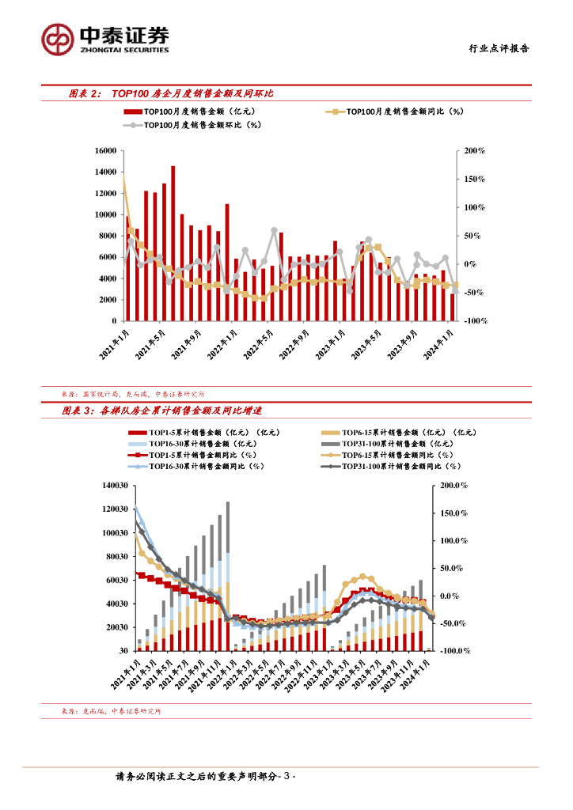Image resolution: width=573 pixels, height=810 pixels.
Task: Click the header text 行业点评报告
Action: point(495,48)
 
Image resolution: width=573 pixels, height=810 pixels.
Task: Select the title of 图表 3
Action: point(163,411)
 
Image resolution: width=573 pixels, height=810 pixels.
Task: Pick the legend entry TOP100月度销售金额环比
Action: point(193,124)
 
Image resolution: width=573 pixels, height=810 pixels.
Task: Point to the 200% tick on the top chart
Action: point(474,150)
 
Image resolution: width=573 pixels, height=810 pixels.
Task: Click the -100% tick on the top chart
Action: point(474,321)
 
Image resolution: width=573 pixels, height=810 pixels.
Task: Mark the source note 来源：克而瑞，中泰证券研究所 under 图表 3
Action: point(111,712)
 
